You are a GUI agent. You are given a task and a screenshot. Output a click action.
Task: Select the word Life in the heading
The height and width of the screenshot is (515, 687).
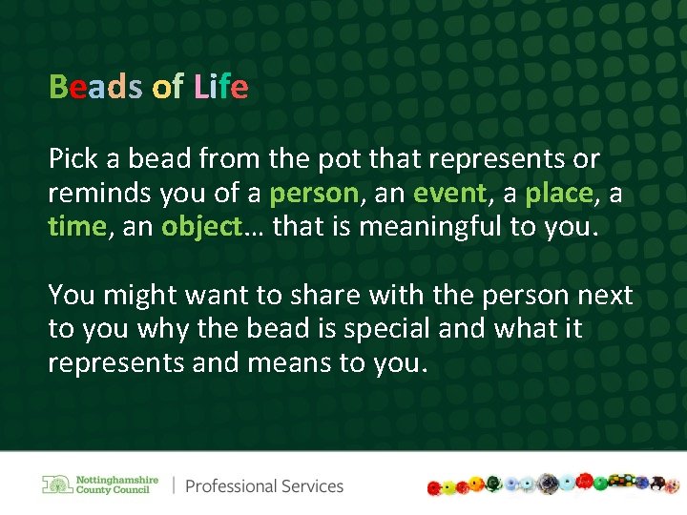coord(220,88)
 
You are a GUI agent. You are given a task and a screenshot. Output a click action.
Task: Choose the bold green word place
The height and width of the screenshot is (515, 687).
coord(559,194)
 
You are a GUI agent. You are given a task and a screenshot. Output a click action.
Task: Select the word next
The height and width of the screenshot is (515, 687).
coord(603,296)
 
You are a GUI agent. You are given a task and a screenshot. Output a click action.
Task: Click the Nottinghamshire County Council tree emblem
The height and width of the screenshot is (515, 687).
coord(57,484)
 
